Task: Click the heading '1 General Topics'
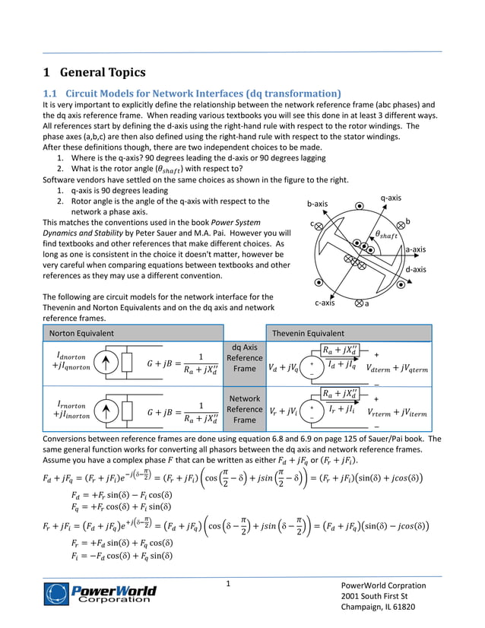pyautogui.click(x=94, y=73)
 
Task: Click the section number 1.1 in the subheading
pyautogui.click(x=49, y=94)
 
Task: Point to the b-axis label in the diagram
pyautogui.click(x=317, y=204)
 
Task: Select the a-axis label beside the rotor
pyautogui.click(x=415, y=249)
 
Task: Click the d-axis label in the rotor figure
pyautogui.click(x=415, y=269)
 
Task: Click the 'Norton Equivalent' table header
pyautogui.click(x=81, y=333)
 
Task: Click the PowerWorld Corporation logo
pyautogui.click(x=100, y=593)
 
